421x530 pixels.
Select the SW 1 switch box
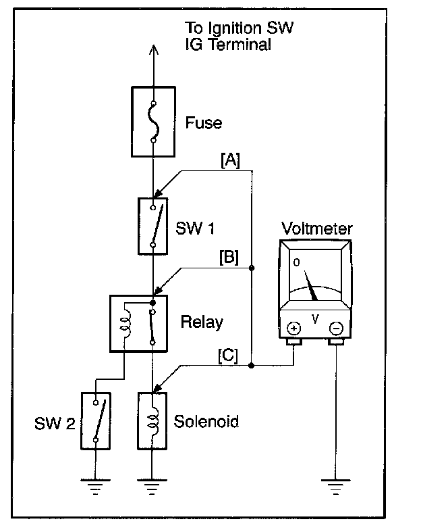pyautogui.click(x=153, y=226)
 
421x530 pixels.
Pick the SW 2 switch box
pyautogui.click(x=95, y=420)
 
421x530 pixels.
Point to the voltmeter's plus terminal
pyautogui.click(x=295, y=329)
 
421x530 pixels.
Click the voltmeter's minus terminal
pyautogui.click(x=336, y=329)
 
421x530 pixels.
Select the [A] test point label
pyautogui.click(x=230, y=160)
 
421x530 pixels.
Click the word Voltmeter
pyautogui.click(x=316, y=228)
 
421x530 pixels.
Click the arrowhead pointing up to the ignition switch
pyautogui.click(x=153, y=51)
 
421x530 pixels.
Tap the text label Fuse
pyautogui.click(x=203, y=124)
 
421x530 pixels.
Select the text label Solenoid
pyautogui.click(x=206, y=422)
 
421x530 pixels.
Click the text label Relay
pyautogui.click(x=202, y=322)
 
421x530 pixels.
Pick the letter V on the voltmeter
pyautogui.click(x=315, y=317)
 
